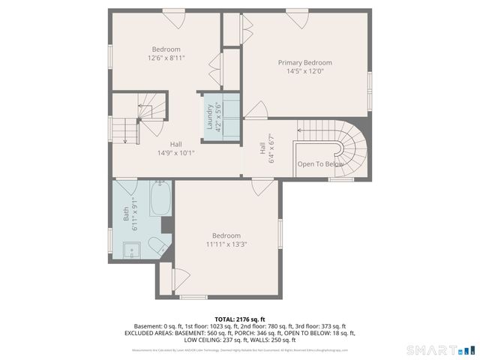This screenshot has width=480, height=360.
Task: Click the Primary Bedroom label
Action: (x=304, y=63)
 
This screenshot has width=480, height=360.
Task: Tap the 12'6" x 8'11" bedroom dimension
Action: (x=166, y=58)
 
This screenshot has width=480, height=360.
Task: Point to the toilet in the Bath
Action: (x=154, y=244)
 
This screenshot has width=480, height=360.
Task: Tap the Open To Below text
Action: (x=320, y=164)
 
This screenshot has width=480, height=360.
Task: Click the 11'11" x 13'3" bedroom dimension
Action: (x=226, y=244)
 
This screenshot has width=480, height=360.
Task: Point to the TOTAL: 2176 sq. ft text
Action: (x=239, y=319)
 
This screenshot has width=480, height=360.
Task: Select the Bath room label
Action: (x=126, y=213)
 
